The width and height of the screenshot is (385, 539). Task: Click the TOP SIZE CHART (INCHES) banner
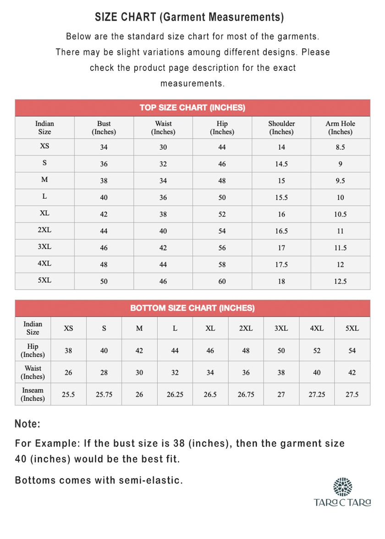pyautogui.click(x=192, y=108)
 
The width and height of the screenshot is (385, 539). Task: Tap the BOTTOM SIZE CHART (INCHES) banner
pyautogui.click(x=192, y=308)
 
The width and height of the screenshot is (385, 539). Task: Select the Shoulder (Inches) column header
pyautogui.click(x=281, y=128)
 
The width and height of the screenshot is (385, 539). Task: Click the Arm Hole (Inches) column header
pyautogui.click(x=340, y=128)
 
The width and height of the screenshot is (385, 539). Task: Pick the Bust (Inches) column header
pyautogui.click(x=104, y=128)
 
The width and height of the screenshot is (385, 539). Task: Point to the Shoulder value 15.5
pyautogui.click(x=281, y=198)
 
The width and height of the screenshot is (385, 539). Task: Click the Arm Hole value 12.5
pyautogui.click(x=340, y=282)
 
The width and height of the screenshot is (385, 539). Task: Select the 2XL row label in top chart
pyautogui.click(x=44, y=230)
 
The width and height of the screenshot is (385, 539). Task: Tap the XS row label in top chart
pyautogui.click(x=44, y=147)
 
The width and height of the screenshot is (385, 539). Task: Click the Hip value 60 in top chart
pyautogui.click(x=222, y=282)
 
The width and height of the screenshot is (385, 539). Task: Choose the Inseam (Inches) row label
pyautogui.click(x=33, y=394)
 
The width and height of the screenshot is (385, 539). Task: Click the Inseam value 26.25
pyautogui.click(x=175, y=395)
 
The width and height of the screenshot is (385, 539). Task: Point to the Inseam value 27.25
pyautogui.click(x=317, y=395)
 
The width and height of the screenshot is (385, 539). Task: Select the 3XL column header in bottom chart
pyautogui.click(x=281, y=328)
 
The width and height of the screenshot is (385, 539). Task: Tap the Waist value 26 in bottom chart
pyautogui.click(x=68, y=373)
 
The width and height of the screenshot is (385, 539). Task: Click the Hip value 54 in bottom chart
pyautogui.click(x=352, y=351)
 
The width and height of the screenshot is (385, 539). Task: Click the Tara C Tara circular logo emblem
pyautogui.click(x=343, y=487)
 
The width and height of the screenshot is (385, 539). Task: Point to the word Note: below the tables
pyautogui.click(x=28, y=424)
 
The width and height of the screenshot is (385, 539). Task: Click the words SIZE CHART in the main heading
pyautogui.click(x=125, y=17)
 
